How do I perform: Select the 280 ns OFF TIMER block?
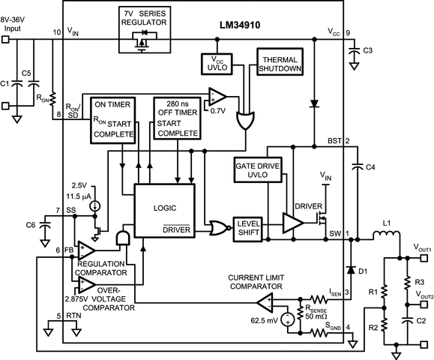pyautogui.click(x=178, y=118)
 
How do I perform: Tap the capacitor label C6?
pyautogui.click(x=30, y=224)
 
